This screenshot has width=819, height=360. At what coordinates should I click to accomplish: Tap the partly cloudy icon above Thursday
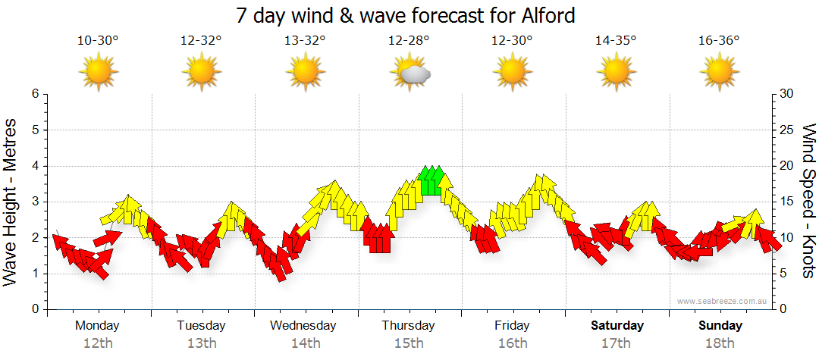click(410, 72)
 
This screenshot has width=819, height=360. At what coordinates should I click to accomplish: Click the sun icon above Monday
click(99, 72)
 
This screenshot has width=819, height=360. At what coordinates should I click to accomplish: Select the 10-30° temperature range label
click(98, 40)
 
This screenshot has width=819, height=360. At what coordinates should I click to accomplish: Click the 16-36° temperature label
click(718, 40)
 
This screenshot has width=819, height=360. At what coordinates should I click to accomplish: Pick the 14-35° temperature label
click(615, 40)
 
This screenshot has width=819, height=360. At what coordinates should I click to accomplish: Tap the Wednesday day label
click(303, 326)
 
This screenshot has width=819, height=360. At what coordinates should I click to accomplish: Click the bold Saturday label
click(617, 326)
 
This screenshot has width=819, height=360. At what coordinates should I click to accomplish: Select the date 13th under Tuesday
click(201, 343)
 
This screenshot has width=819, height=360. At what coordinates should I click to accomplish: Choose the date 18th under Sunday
click(720, 343)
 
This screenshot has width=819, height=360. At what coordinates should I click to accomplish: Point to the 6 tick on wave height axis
click(34, 94)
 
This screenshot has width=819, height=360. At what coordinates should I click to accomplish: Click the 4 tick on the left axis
click(34, 166)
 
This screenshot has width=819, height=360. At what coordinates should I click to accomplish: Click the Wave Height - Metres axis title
click(11, 201)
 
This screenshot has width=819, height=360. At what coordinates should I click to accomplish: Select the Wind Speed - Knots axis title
click(808, 201)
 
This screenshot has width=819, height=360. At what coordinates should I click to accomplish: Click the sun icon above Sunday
click(718, 72)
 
